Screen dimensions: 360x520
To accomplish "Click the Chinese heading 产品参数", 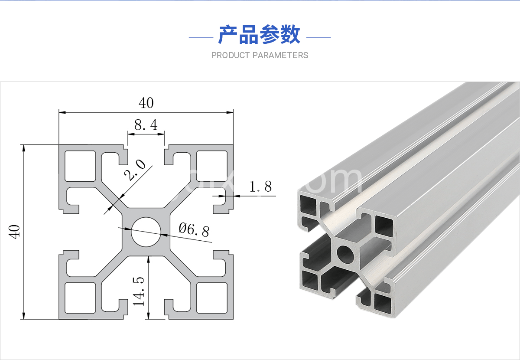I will pos(259,35).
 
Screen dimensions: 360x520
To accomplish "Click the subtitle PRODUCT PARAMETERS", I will pos(260,56).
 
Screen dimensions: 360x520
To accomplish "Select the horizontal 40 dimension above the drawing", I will pos(146,103).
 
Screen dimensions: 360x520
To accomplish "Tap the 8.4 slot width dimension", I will pos(146,126).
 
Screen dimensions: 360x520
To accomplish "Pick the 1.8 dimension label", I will pos(261,187).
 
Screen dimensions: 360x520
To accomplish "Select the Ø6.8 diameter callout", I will pos(194,229).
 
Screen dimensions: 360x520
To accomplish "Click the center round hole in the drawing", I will pos(146,231).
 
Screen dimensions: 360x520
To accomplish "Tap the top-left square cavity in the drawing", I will pos(80,166).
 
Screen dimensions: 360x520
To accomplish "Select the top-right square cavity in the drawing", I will pos(212,166).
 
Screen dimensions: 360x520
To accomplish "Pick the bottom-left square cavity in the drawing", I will pos(80,297).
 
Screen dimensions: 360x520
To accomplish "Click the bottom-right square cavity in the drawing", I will pos(212,297).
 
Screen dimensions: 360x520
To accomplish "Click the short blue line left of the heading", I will pos(201,38).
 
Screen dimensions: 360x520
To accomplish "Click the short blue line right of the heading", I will pos(318,38).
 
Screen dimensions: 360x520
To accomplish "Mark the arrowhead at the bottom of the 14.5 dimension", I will pos(148,317).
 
